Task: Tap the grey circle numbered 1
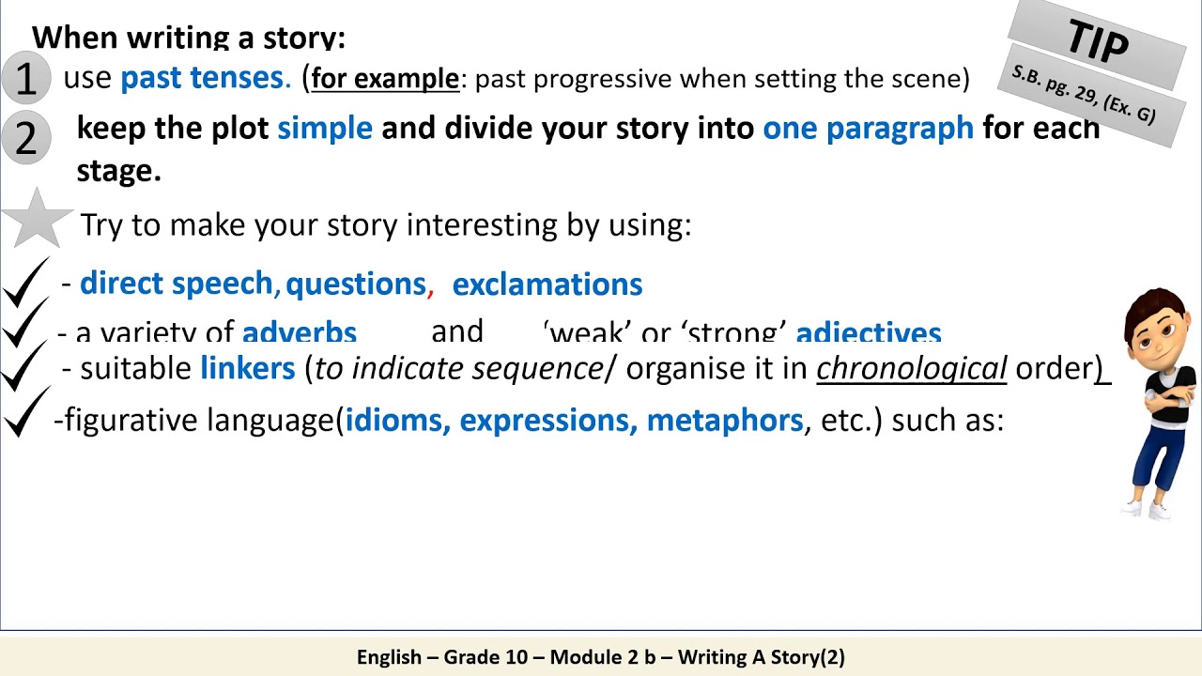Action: [25, 78]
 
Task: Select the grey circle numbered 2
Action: [25, 137]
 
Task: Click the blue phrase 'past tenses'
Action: [202, 78]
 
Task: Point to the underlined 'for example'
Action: [385, 79]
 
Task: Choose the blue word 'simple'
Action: [325, 129]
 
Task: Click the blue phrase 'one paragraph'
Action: [868, 129]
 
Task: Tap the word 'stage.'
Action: [118, 171]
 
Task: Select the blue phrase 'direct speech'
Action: [176, 284]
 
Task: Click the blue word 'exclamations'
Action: [547, 284]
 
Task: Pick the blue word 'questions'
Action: [356, 284]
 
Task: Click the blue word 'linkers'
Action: [248, 368]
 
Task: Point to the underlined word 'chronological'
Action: [911, 368]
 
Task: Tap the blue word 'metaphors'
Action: [724, 420]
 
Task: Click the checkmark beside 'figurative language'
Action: [26, 413]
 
